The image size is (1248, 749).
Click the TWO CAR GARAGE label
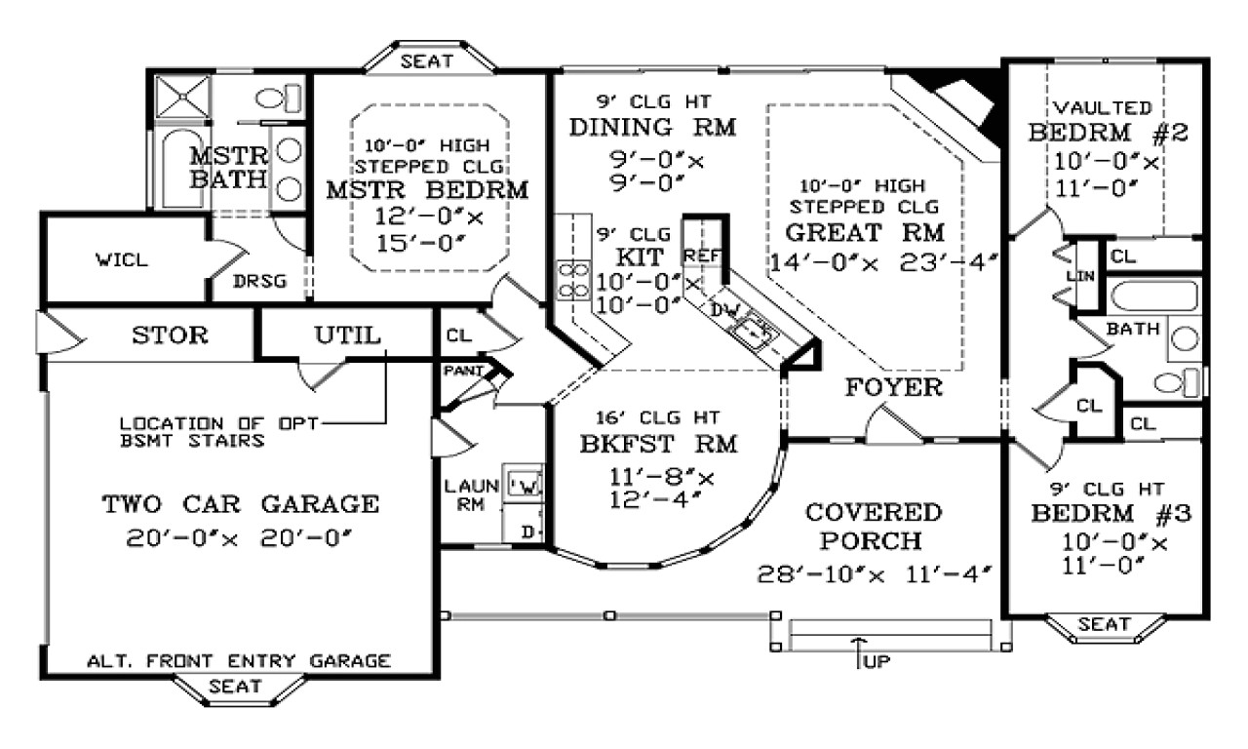(240, 504)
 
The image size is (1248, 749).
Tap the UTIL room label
(347, 335)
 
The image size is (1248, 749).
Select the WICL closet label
(122, 260)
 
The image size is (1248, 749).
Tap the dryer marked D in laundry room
(527, 532)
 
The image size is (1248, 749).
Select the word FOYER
(893, 387)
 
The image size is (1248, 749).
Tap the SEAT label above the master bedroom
(427, 61)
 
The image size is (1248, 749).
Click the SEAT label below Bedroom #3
(1105, 624)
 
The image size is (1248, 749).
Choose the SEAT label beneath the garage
(236, 687)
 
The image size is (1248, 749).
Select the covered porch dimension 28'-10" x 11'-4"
(874, 574)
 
